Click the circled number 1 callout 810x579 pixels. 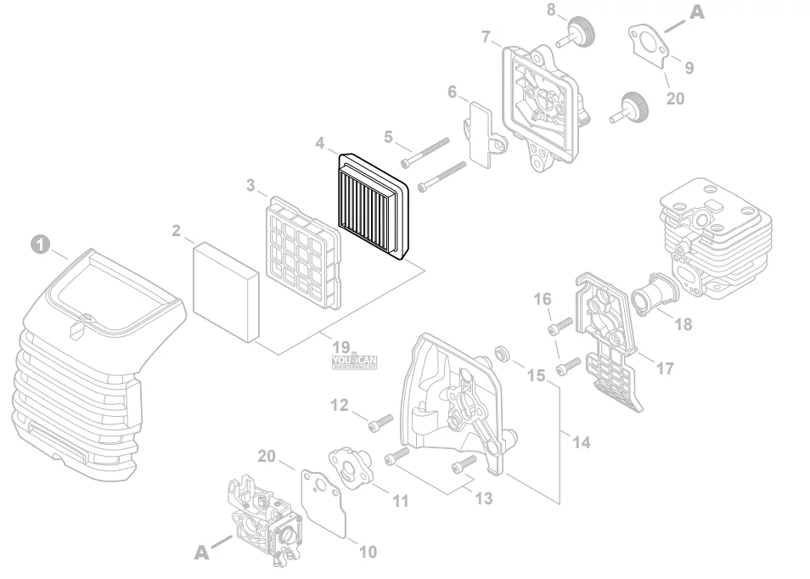tap(38, 243)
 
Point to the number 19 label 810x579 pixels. tap(341, 347)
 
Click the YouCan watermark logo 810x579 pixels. tap(355, 363)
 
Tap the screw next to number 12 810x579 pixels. tap(380, 420)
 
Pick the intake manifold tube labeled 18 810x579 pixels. tap(655, 295)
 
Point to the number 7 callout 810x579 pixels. tap(487, 37)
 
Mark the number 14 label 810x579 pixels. tap(582, 442)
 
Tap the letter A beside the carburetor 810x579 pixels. tap(201, 553)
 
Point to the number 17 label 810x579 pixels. tap(665, 369)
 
